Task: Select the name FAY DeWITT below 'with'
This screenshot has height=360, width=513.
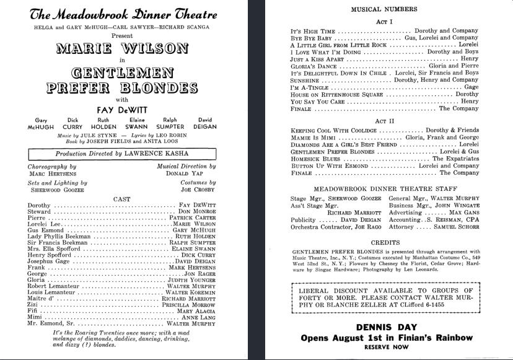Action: tap(121, 109)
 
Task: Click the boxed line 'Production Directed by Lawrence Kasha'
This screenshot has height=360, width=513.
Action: tap(122, 154)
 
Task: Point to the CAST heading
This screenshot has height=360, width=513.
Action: tap(121, 199)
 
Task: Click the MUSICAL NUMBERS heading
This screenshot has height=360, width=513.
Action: tap(384, 9)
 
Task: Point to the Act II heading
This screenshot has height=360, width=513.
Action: tap(385, 121)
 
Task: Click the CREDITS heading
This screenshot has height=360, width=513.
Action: tap(385, 242)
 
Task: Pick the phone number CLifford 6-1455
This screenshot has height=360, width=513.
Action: tap(441, 305)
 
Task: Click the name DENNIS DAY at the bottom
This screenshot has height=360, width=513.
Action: tap(385, 327)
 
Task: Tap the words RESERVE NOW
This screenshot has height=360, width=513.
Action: tap(385, 348)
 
